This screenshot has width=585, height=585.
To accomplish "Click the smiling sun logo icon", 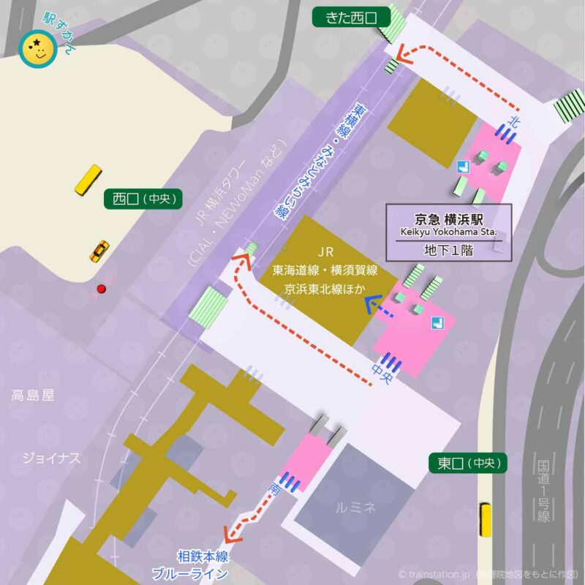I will click(x=34, y=50).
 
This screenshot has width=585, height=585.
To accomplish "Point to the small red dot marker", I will click(x=102, y=289).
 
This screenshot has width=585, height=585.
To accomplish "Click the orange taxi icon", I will click(x=99, y=251).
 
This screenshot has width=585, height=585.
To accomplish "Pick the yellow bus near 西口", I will click(x=88, y=180).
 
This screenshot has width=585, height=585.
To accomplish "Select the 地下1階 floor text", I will click(x=449, y=249).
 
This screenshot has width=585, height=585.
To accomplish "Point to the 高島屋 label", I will click(x=33, y=396).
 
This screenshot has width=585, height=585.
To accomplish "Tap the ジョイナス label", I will click(x=50, y=458).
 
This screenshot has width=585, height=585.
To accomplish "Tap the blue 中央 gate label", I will click(x=382, y=371).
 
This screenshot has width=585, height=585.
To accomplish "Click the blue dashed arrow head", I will click(x=369, y=301).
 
